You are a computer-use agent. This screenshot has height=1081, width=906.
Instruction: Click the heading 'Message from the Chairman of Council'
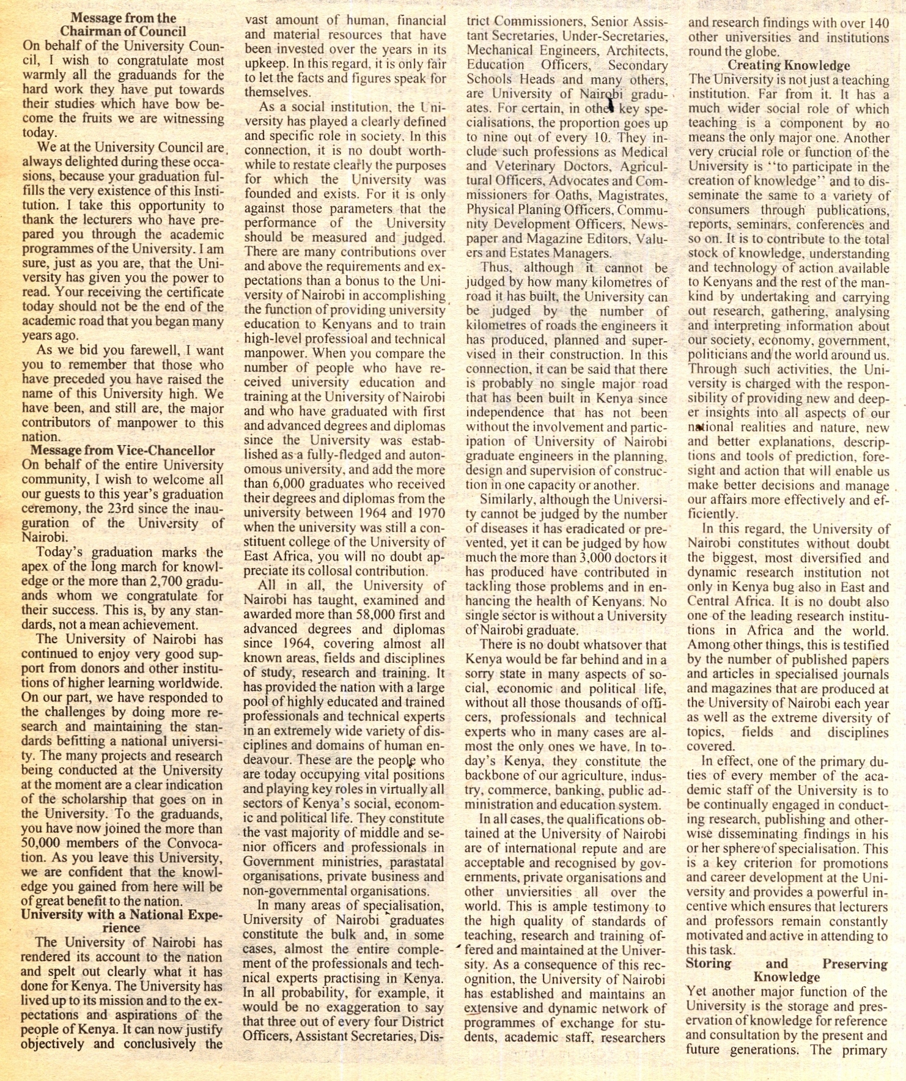pyautogui.click(x=123, y=24)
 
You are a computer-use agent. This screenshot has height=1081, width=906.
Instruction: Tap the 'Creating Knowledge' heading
pyautogui.click(x=788, y=65)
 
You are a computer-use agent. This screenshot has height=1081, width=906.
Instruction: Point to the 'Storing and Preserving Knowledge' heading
pyautogui.click(x=786, y=970)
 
